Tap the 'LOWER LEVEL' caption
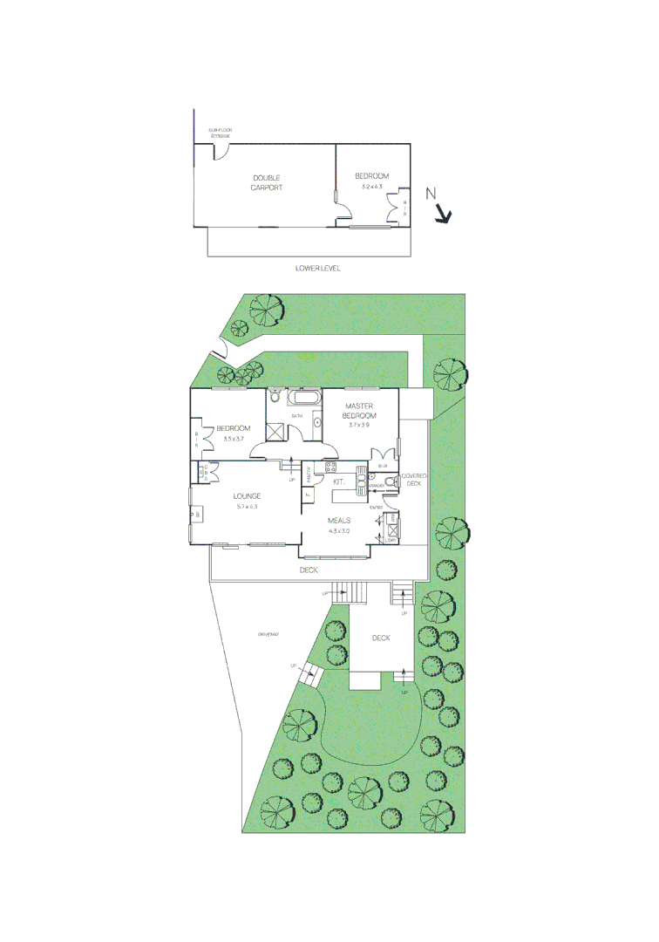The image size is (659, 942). [x=318, y=269]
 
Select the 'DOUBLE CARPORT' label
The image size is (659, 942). [x=268, y=182]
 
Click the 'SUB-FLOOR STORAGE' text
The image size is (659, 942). [x=220, y=133]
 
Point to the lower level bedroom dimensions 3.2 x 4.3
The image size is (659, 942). [x=372, y=187]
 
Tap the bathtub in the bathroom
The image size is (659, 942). [x=304, y=399]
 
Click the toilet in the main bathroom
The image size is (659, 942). [x=275, y=398]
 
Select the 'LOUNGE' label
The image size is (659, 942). [x=247, y=496]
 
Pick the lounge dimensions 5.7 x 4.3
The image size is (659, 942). [x=247, y=507]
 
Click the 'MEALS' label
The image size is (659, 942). [x=339, y=521]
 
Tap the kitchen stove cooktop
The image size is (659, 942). [x=331, y=467]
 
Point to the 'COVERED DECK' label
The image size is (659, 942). [x=411, y=479]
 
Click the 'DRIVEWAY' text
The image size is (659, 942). [x=268, y=634]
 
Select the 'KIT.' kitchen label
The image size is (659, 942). [x=340, y=481]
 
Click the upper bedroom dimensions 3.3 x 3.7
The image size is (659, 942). [x=234, y=439]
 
